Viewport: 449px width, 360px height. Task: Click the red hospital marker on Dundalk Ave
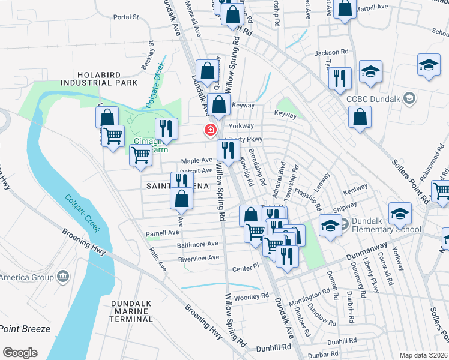[x=211, y=129]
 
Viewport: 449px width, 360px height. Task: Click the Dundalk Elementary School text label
[x=382, y=224]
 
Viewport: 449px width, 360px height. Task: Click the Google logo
[x=20, y=353]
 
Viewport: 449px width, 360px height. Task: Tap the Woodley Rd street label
[x=250, y=296]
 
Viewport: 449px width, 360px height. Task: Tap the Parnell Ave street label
[x=163, y=233]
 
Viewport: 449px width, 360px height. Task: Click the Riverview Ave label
[x=198, y=258]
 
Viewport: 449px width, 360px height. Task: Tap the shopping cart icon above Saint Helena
[x=140, y=154]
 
